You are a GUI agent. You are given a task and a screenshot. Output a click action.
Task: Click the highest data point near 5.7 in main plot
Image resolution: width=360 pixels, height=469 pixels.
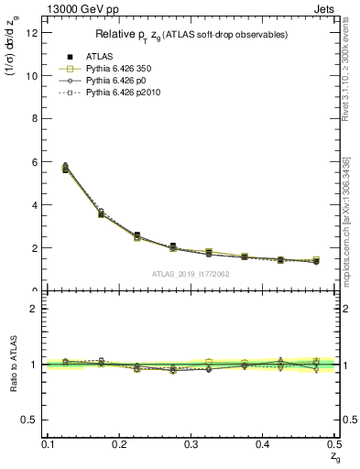65,169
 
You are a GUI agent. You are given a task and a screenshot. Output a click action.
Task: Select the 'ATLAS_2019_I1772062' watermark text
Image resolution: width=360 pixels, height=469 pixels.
191,274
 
